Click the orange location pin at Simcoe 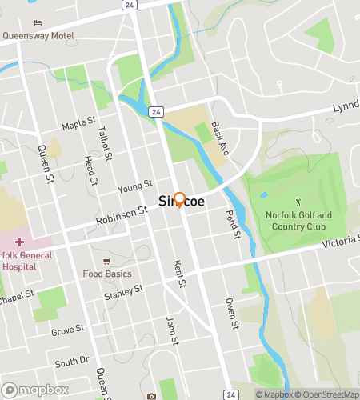180,200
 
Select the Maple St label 78,126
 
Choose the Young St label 134,189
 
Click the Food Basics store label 106,274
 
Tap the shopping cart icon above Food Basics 106,262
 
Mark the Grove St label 67,330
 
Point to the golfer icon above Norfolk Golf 298,202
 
